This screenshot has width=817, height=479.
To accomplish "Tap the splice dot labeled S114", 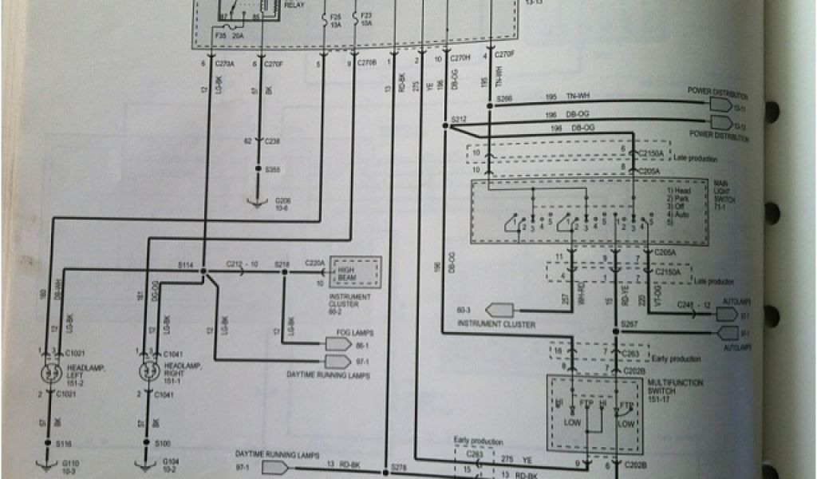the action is point(204,271).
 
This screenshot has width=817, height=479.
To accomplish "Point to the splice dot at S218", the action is point(283,271).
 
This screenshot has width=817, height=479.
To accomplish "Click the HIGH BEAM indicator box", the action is point(356,273).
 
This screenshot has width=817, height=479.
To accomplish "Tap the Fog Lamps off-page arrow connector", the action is point(338,343).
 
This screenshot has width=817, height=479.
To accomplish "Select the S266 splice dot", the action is point(489,105).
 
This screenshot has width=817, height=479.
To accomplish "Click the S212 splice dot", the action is point(444,125).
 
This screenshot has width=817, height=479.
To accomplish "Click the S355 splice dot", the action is point(258,170).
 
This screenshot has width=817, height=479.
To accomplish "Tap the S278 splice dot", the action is point(385,470).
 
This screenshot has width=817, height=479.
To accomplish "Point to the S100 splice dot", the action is point(146,441).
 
